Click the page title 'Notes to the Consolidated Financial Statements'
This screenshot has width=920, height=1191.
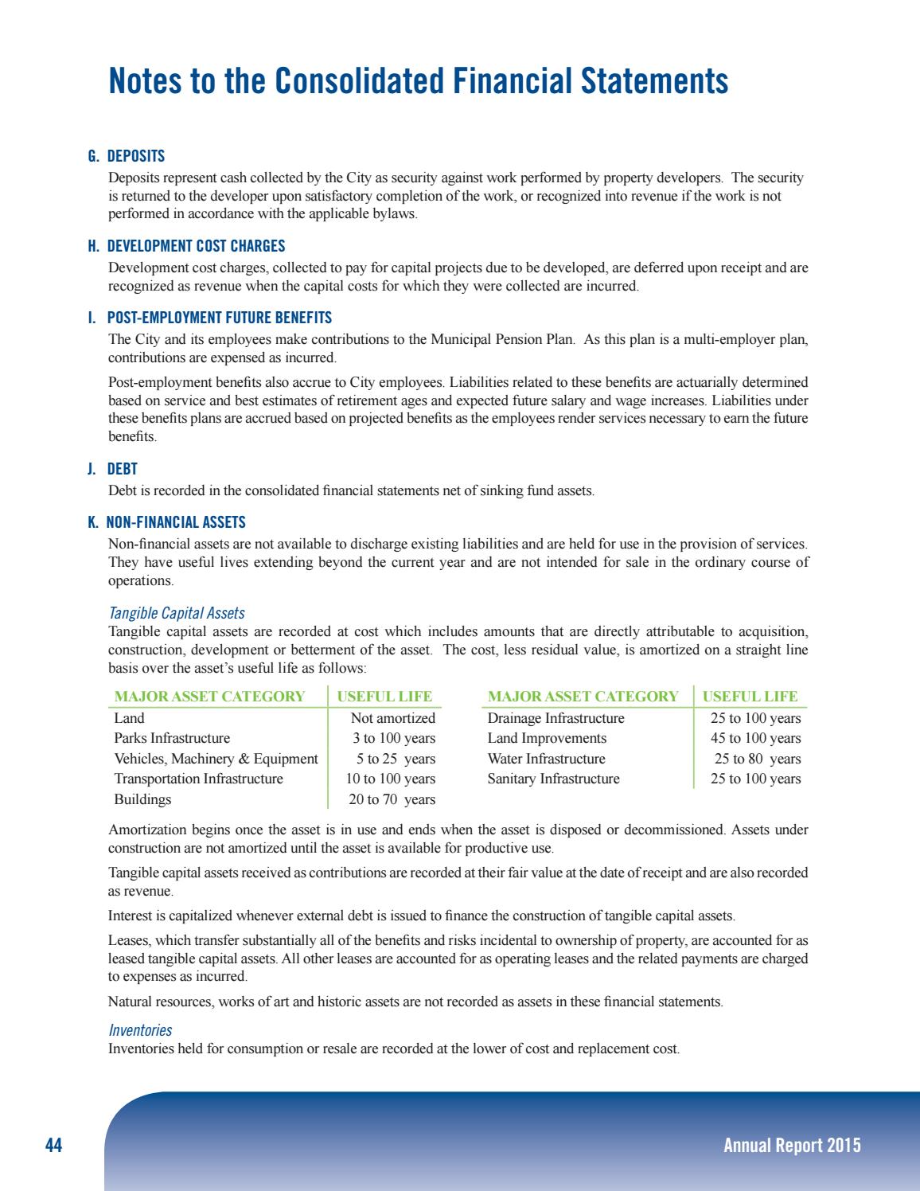(x=418, y=81)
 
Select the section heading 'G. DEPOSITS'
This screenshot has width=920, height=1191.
(x=127, y=157)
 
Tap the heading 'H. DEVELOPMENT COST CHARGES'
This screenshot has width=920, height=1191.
(x=186, y=247)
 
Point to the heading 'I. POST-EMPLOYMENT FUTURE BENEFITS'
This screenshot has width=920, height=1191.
(x=210, y=318)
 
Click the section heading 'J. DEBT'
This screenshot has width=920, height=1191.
(x=112, y=470)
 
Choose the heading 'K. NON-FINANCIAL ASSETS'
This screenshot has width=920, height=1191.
(x=166, y=523)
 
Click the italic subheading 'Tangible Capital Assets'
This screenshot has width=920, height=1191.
(x=177, y=614)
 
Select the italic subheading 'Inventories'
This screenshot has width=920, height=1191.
(x=140, y=1031)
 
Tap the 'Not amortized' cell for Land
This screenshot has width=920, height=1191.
(x=393, y=718)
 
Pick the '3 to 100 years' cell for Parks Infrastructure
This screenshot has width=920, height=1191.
(x=394, y=738)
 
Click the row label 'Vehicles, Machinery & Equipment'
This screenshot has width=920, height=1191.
(x=216, y=759)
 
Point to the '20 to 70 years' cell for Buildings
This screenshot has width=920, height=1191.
(x=392, y=799)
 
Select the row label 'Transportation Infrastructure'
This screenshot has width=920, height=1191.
(x=198, y=779)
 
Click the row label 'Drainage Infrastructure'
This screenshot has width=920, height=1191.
(x=556, y=718)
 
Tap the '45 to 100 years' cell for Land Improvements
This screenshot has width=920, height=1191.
(x=755, y=738)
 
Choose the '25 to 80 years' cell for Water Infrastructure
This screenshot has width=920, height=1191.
(x=757, y=759)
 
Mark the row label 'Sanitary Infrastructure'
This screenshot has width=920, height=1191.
(x=553, y=779)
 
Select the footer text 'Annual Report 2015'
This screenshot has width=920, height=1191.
(x=792, y=1146)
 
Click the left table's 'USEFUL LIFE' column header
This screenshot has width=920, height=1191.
(x=384, y=697)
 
